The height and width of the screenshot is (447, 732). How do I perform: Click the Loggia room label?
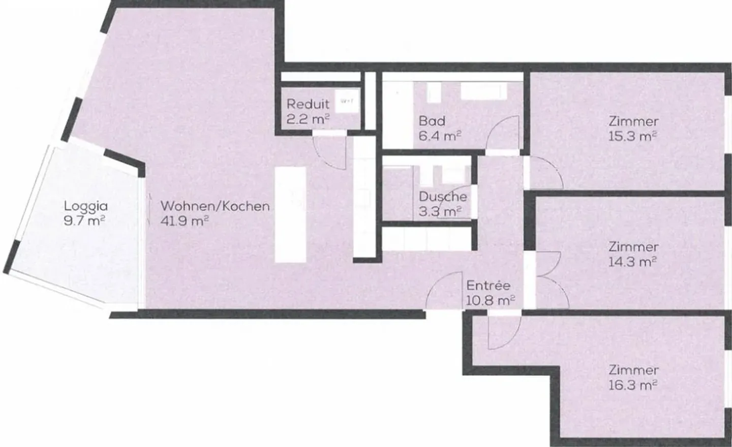click(x=85, y=206)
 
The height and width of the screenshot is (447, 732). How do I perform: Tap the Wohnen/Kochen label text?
click(x=215, y=206)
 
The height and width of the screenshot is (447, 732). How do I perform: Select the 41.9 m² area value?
click(x=185, y=221)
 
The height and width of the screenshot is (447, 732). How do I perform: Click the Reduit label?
click(x=308, y=104)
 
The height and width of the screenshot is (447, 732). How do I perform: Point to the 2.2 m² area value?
click(x=308, y=119)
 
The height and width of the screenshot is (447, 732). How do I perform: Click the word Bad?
click(x=432, y=121)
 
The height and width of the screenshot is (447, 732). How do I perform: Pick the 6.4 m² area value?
click(x=440, y=136)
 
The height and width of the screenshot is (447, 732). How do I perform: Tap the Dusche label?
click(x=442, y=197)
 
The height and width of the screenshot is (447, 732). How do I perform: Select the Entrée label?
click(x=488, y=286)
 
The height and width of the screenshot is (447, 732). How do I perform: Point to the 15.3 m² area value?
click(x=632, y=136)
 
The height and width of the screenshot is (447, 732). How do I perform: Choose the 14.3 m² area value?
click(x=632, y=262)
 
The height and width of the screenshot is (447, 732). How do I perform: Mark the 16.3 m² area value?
click(x=632, y=385)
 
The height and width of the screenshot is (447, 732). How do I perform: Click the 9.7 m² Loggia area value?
click(x=85, y=221)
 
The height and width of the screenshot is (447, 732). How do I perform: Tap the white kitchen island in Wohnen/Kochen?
click(x=290, y=214)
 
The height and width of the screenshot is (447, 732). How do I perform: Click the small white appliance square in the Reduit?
click(x=347, y=101)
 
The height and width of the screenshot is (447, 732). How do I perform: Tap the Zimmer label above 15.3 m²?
click(x=633, y=121)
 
